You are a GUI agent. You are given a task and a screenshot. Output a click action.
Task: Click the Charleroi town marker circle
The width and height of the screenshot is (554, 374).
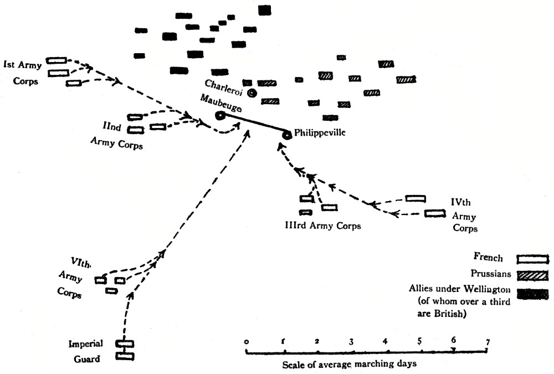point(252,93)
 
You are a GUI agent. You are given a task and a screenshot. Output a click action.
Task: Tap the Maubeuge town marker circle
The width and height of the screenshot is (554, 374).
point(220,116)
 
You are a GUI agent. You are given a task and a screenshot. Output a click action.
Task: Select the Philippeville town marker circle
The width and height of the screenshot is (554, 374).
point(287,135)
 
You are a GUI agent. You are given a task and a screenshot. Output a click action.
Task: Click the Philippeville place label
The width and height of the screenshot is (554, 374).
point(320,133)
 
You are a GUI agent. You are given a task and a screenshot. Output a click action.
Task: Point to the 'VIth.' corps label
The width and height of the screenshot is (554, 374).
point(80,262)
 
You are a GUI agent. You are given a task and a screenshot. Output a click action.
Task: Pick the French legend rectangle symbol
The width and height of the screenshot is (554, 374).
point(532,259)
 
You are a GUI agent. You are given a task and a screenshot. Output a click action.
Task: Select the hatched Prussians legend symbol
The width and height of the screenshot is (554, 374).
point(532,275)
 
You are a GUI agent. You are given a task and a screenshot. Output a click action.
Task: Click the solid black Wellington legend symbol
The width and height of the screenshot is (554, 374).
point(532,293)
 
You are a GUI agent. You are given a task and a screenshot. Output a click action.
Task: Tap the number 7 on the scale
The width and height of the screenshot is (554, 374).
point(487,342)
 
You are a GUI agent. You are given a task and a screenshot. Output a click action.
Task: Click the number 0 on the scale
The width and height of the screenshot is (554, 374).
point(245,342)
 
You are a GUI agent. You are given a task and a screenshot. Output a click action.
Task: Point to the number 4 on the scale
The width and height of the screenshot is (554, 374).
point(385,342)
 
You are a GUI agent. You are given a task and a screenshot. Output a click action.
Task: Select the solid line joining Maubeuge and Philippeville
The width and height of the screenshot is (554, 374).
point(254,125)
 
